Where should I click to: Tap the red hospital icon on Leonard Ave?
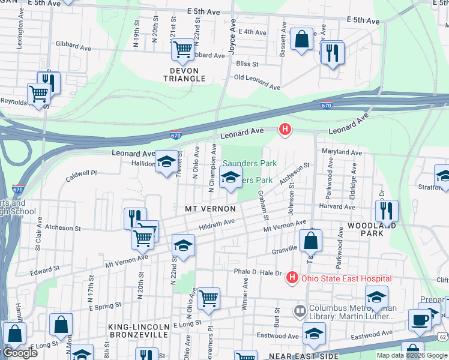point(285,129)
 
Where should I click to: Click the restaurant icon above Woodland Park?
point(387,210)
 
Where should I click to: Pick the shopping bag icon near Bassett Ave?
point(302,39)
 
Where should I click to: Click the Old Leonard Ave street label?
point(257,82)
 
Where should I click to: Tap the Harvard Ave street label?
point(337,206)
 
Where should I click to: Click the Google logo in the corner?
point(20,353)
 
